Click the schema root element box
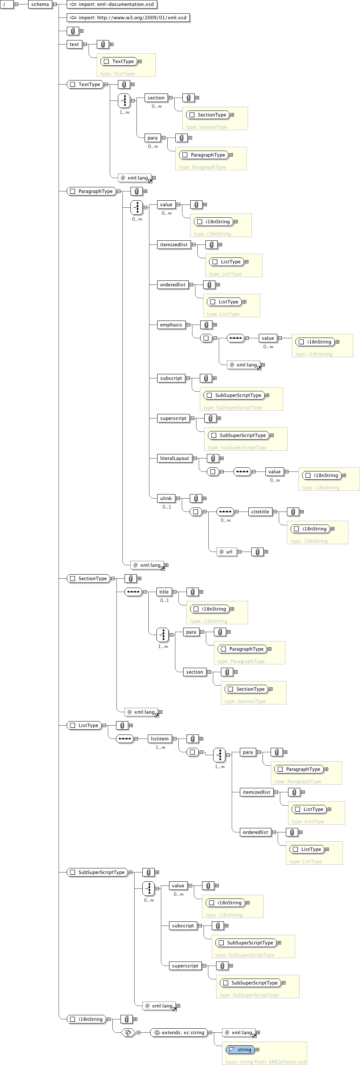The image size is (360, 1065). click(40, 4)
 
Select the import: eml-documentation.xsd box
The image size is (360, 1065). click(112, 4)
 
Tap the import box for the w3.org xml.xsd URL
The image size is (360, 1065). click(128, 18)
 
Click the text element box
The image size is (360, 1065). click(74, 44)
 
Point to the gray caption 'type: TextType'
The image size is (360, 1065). click(118, 73)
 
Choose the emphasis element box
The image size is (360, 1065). click(171, 325)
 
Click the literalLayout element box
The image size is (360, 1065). click(174, 458)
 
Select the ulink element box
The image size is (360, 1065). click(166, 499)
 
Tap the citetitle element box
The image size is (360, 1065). click(260, 512)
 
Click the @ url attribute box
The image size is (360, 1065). click(227, 552)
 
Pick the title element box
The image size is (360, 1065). click(164, 592)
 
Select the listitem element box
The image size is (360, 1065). click(159, 739)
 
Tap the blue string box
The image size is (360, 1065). click(240, 1049)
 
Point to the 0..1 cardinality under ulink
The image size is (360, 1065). click(166, 507)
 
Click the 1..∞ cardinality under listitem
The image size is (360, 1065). click(161, 747)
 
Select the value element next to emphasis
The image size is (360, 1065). click(267, 338)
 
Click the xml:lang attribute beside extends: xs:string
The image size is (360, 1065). click(239, 1032)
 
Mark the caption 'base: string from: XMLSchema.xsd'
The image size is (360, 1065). click(266, 1062)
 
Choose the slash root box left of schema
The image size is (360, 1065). click(7, 4)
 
